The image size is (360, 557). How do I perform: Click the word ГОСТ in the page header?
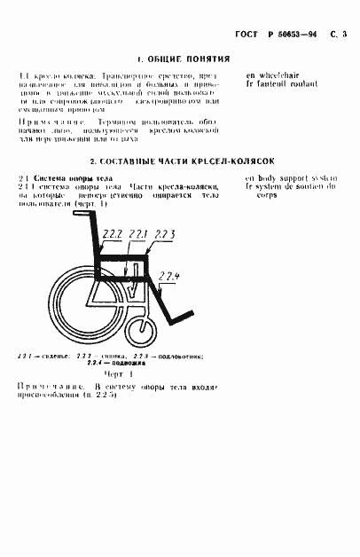[249, 35]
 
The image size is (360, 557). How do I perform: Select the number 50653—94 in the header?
[297, 35]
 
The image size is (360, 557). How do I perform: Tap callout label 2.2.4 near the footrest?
[169, 278]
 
